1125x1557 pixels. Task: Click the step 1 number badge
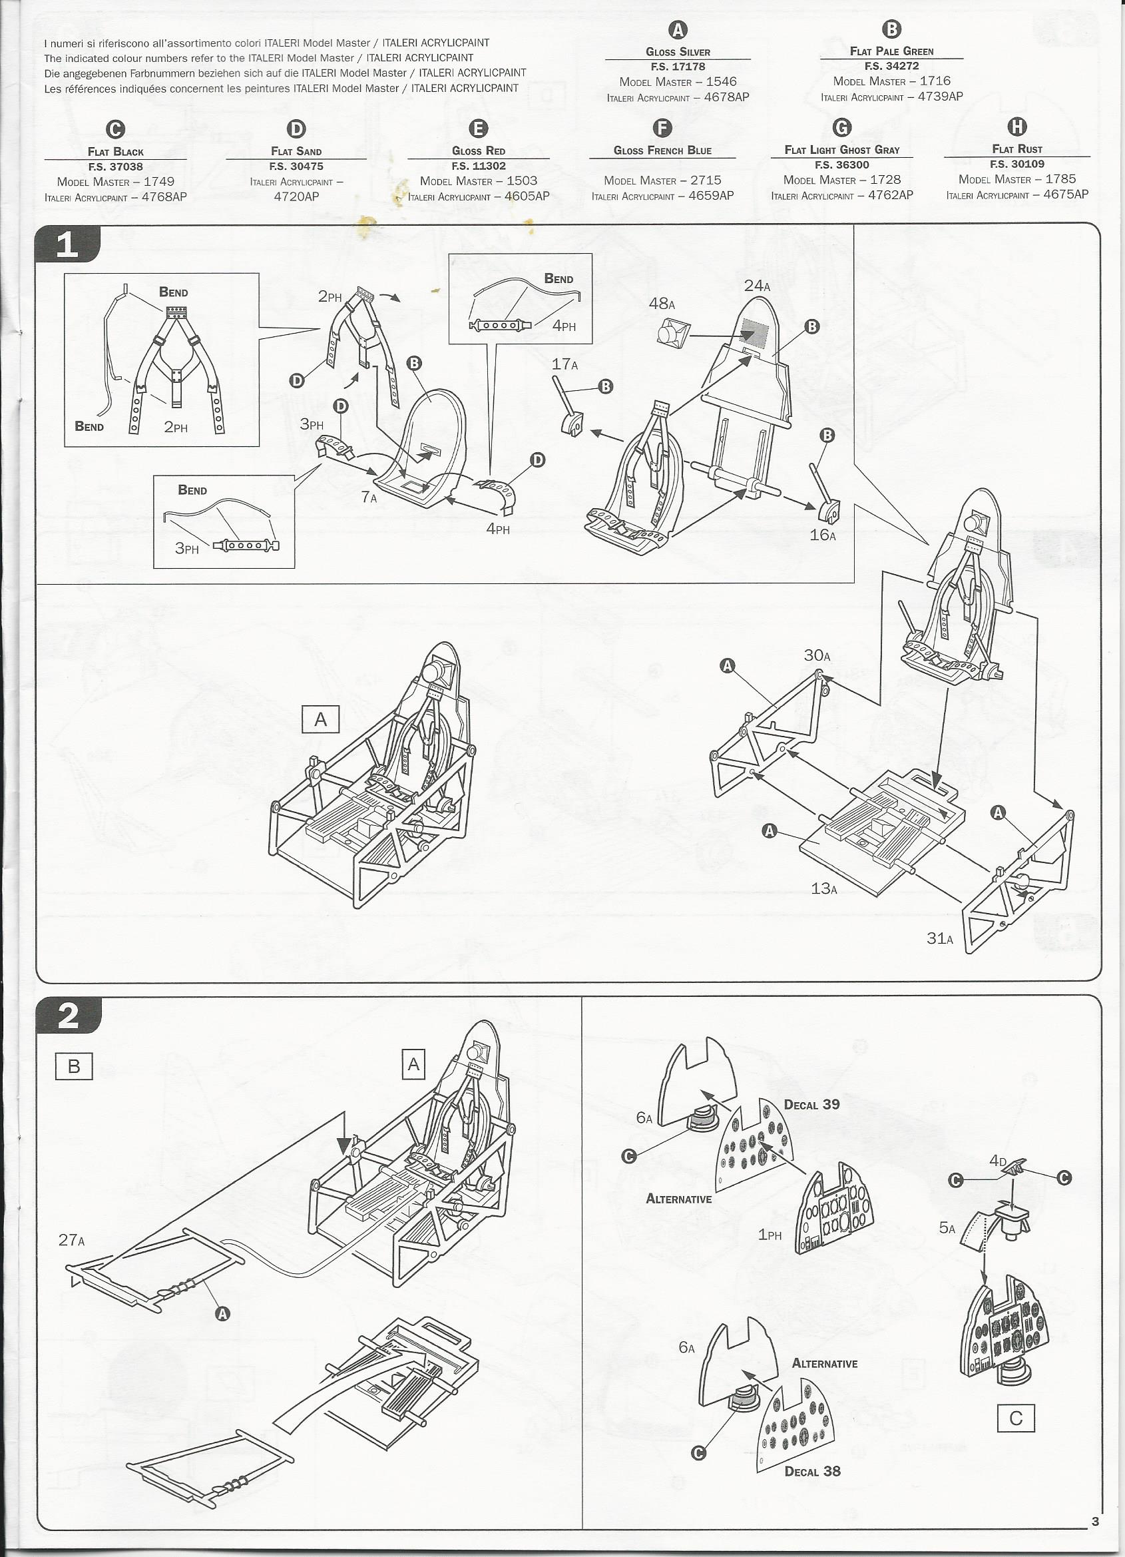(x=68, y=244)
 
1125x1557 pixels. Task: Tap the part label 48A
(x=662, y=303)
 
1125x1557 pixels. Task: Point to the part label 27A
(x=72, y=1240)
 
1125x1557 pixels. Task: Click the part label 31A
(x=940, y=938)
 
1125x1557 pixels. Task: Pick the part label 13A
(x=823, y=888)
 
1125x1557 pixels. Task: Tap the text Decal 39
(x=812, y=1105)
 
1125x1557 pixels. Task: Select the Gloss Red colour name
(x=479, y=151)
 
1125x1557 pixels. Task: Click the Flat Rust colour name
(x=1017, y=149)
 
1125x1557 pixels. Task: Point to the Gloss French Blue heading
(x=662, y=151)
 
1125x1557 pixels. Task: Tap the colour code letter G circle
(x=841, y=128)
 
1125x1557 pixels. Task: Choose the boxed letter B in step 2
(x=73, y=1066)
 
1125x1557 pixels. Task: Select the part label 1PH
(x=770, y=1234)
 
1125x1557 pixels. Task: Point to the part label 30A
(x=817, y=655)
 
